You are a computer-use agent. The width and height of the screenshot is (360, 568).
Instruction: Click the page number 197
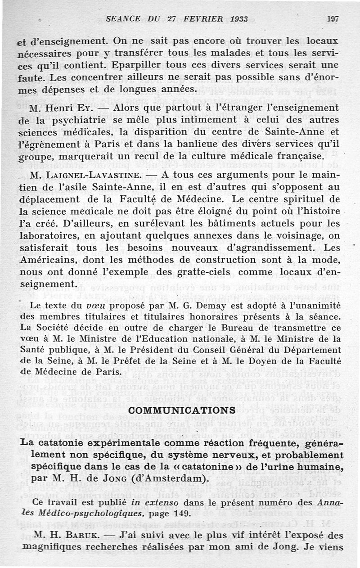(333, 19)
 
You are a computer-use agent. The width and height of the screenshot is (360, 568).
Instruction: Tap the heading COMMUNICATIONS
(182, 410)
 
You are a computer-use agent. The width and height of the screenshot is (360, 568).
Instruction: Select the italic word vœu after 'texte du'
(95, 306)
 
